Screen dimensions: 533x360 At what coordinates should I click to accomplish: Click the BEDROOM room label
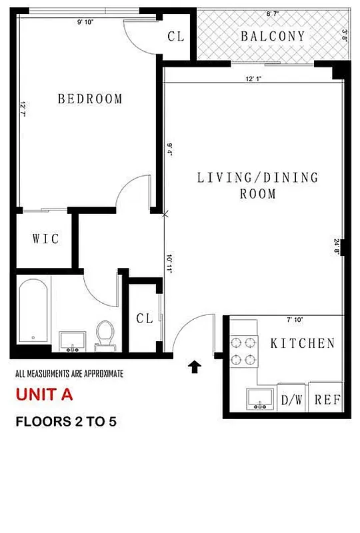90,99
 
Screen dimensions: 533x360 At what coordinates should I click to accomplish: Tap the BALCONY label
273,37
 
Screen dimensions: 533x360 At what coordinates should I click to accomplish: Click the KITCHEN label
302,344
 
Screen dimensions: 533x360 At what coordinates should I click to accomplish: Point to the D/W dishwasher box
291,400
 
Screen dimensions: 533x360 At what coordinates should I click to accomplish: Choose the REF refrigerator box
327,400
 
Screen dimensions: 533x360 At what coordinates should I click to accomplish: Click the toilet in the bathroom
105,334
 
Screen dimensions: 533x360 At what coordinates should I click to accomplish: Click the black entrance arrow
195,366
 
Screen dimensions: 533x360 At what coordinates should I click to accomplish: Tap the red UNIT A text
44,394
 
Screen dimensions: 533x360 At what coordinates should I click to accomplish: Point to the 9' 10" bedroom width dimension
85,21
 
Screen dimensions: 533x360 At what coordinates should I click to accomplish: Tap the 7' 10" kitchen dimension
294,320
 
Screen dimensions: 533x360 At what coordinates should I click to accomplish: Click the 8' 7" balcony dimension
272,13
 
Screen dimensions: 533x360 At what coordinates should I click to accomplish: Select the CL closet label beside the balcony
176,37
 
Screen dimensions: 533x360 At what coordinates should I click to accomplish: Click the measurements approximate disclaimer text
69,374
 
